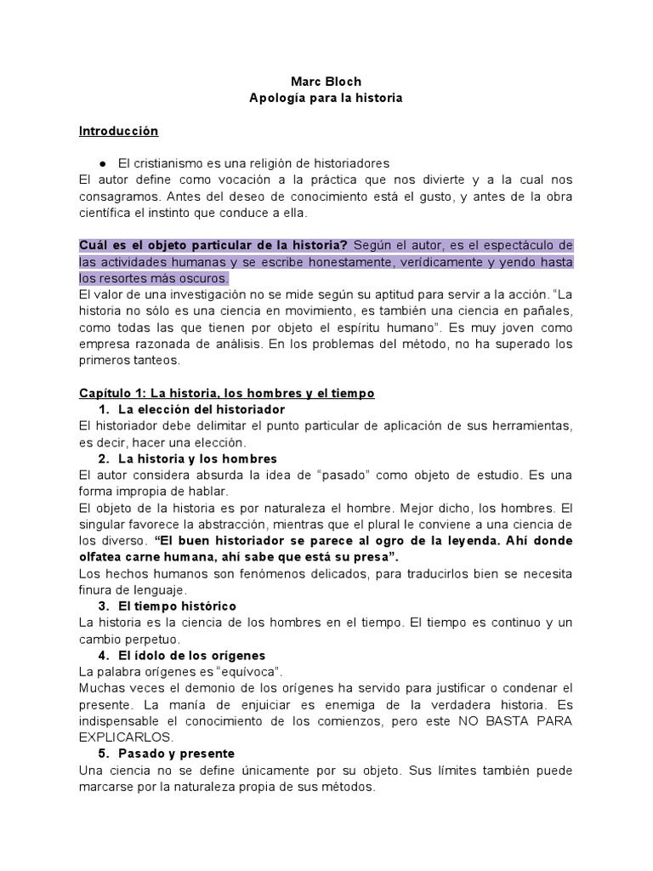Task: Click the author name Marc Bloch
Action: tap(326, 82)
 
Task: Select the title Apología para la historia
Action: tap(326, 99)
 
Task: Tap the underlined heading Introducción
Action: tap(118, 132)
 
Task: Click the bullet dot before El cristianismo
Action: tap(102, 163)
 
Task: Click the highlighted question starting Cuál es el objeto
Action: tap(213, 246)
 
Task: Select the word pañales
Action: tap(549, 310)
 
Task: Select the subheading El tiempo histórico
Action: tap(178, 606)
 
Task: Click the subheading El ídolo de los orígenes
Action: tap(193, 655)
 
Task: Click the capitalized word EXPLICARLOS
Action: tap(125, 737)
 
